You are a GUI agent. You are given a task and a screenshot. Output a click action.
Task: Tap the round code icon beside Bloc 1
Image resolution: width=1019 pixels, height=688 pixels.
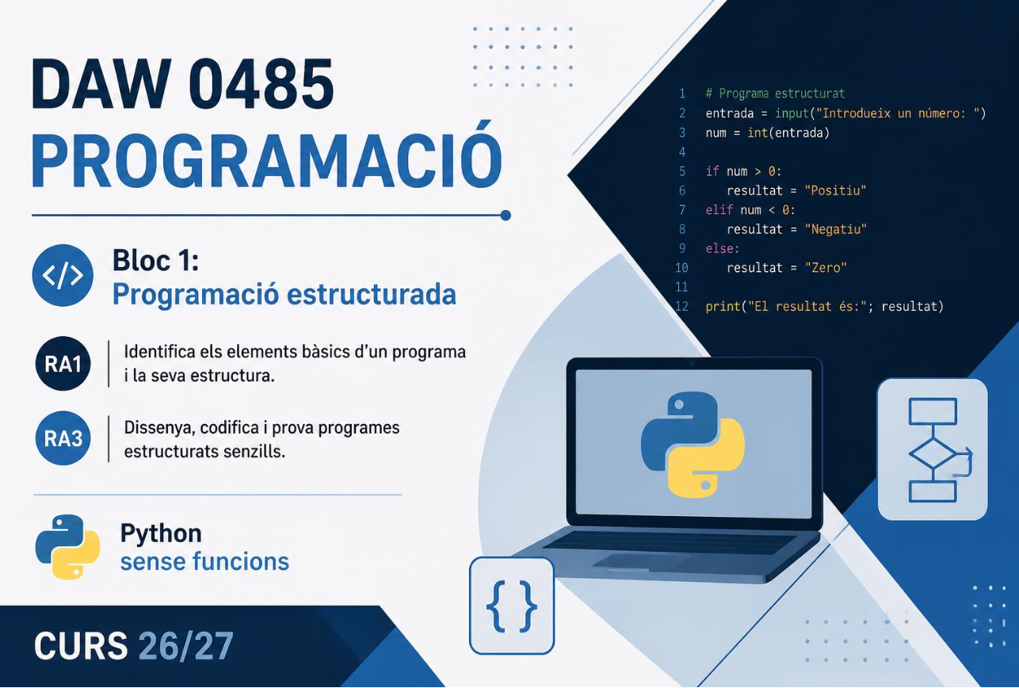(x=63, y=275)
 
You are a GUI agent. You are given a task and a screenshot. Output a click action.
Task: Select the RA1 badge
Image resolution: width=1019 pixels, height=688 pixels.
(x=63, y=364)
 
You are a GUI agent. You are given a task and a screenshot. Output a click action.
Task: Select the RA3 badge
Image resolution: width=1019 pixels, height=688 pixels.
(x=63, y=438)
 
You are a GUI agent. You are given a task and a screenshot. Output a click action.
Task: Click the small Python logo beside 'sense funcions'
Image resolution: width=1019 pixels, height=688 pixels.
(x=67, y=547)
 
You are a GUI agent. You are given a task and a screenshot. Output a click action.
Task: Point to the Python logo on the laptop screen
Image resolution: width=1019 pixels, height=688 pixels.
(x=693, y=445)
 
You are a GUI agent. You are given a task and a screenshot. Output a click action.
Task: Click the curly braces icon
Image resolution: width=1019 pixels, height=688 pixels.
(x=512, y=606)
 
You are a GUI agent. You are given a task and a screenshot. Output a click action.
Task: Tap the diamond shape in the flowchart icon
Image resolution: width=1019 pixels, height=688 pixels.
(x=933, y=453)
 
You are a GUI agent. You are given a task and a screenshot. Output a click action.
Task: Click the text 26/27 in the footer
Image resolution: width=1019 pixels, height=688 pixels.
(x=185, y=646)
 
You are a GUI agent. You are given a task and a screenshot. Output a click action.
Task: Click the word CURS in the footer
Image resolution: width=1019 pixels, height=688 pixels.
(x=81, y=646)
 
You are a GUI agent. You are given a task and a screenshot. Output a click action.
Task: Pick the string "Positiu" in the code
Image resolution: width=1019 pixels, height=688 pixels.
(x=835, y=190)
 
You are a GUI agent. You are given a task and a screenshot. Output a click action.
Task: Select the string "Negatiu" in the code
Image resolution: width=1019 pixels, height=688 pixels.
(x=836, y=229)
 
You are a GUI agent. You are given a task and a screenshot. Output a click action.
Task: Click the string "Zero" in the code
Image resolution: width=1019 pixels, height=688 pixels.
(x=825, y=268)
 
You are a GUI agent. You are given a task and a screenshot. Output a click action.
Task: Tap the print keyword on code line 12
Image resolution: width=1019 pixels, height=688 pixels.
(x=723, y=307)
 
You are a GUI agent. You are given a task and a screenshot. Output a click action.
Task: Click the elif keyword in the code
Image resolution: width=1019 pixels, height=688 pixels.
(x=719, y=210)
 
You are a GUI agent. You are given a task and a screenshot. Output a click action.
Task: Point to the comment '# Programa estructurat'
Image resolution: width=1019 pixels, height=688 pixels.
(x=775, y=94)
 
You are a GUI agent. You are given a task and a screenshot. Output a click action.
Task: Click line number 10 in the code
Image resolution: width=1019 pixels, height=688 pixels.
(x=681, y=268)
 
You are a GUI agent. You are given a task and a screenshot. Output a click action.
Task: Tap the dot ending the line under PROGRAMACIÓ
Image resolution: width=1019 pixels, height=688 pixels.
(x=506, y=216)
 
